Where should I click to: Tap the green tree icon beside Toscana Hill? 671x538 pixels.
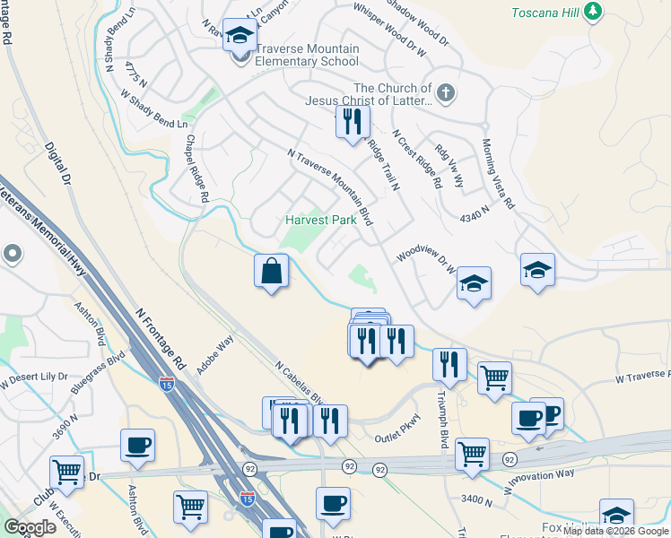click(x=591, y=12)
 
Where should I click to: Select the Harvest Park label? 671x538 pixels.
click(x=321, y=220)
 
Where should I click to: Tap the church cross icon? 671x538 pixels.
click(x=446, y=92)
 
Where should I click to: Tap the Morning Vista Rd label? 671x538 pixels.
click(x=498, y=175)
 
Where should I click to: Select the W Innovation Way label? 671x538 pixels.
click(x=539, y=482)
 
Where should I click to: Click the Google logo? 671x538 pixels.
click(x=30, y=527)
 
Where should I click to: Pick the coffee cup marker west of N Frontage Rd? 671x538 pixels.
click(x=137, y=446)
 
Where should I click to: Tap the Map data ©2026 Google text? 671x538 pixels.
click(x=615, y=531)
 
